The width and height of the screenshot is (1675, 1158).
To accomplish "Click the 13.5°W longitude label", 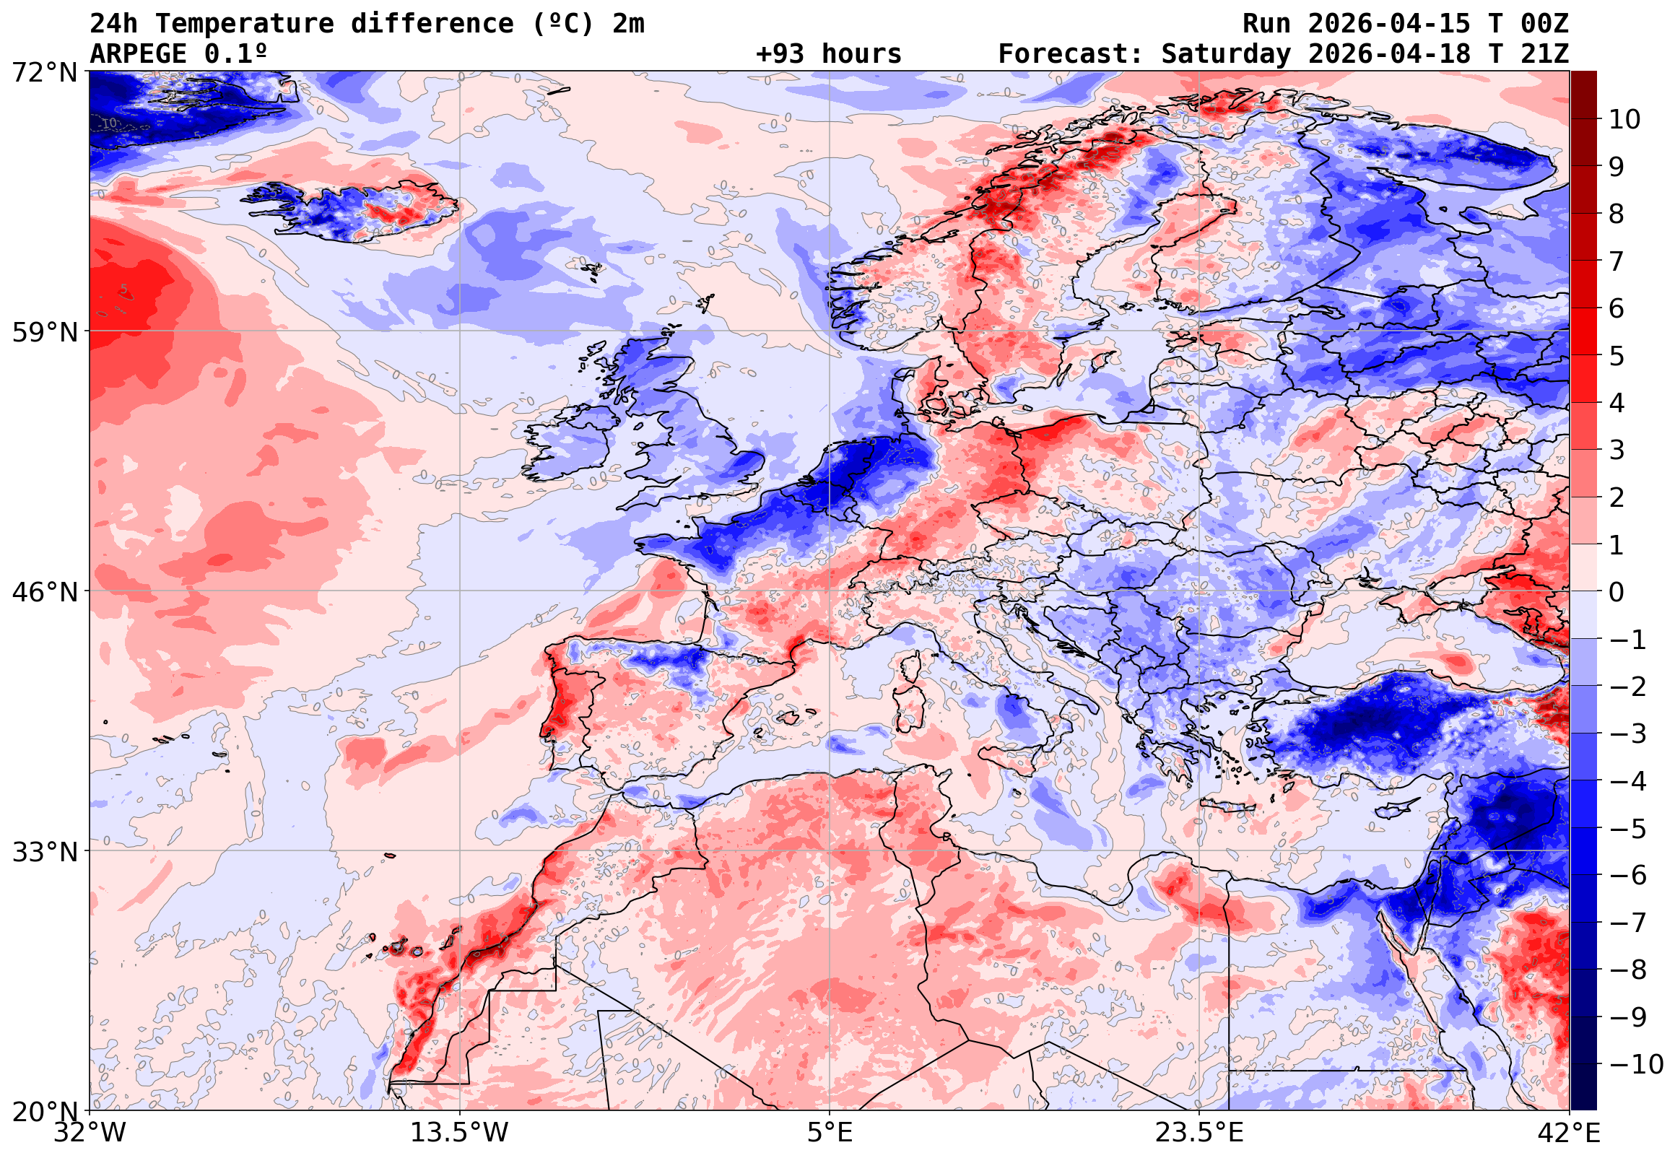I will (459, 1133).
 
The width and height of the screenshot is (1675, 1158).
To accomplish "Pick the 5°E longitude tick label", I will (829, 1133).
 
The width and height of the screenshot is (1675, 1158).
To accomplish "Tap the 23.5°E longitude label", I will (1199, 1133).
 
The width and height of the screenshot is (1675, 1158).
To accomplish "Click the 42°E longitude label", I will (1569, 1133).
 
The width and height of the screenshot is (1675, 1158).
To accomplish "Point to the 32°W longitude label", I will (90, 1133).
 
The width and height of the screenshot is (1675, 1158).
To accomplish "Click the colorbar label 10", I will (1624, 120).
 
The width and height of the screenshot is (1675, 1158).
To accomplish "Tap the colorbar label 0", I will (1617, 593).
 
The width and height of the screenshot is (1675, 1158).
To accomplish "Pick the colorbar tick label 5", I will (1617, 356).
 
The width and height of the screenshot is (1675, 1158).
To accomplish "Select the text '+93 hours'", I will (827, 54).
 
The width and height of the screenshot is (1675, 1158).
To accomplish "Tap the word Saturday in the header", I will (1225, 54).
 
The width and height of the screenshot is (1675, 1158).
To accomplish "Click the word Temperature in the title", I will (245, 24).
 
